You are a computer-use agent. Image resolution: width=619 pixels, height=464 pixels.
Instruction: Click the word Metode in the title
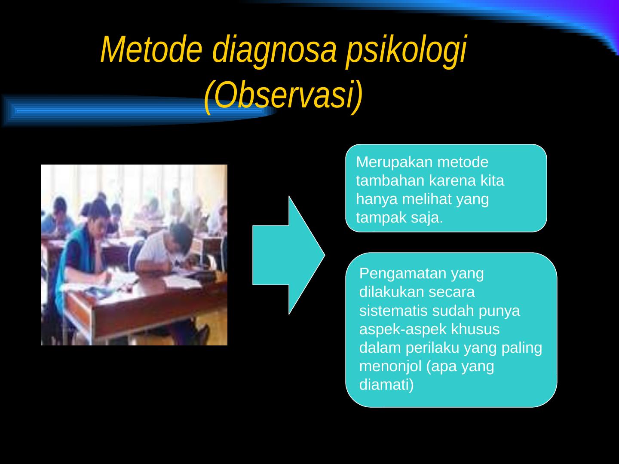coord(151,49)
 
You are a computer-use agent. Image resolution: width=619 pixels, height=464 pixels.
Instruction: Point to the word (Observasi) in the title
coord(283,95)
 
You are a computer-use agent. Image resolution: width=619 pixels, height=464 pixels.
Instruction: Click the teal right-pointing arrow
coord(288,255)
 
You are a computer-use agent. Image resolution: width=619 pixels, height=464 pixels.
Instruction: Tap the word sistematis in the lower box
coord(393,311)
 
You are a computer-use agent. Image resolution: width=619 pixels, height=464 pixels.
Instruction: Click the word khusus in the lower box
coord(475,329)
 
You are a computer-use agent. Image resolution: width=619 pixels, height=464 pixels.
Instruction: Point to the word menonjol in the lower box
coord(390,366)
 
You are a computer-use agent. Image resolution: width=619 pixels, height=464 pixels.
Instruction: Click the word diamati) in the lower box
coord(386,385)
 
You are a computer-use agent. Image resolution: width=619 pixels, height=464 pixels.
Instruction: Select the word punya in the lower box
coord(499,311)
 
